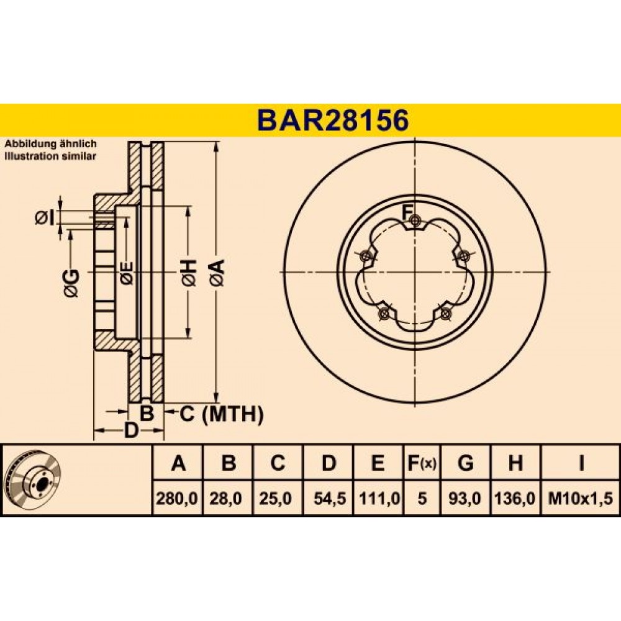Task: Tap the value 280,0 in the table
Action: (x=177, y=498)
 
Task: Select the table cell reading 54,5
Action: (x=330, y=498)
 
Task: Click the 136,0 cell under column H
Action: (x=515, y=498)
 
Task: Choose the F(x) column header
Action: (x=422, y=463)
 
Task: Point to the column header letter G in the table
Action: (x=465, y=463)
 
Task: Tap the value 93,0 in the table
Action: (x=465, y=498)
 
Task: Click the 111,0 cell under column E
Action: (x=379, y=498)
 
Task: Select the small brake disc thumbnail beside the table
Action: (x=34, y=479)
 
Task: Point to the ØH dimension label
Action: (x=189, y=273)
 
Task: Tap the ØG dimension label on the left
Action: (x=71, y=283)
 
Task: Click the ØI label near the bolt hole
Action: (x=44, y=217)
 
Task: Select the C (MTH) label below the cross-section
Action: (x=222, y=415)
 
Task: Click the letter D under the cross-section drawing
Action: (x=130, y=430)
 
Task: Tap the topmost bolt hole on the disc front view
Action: (x=415, y=220)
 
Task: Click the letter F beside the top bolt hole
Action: (x=407, y=212)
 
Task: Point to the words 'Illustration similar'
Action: (x=50, y=156)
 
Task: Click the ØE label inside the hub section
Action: (x=127, y=273)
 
